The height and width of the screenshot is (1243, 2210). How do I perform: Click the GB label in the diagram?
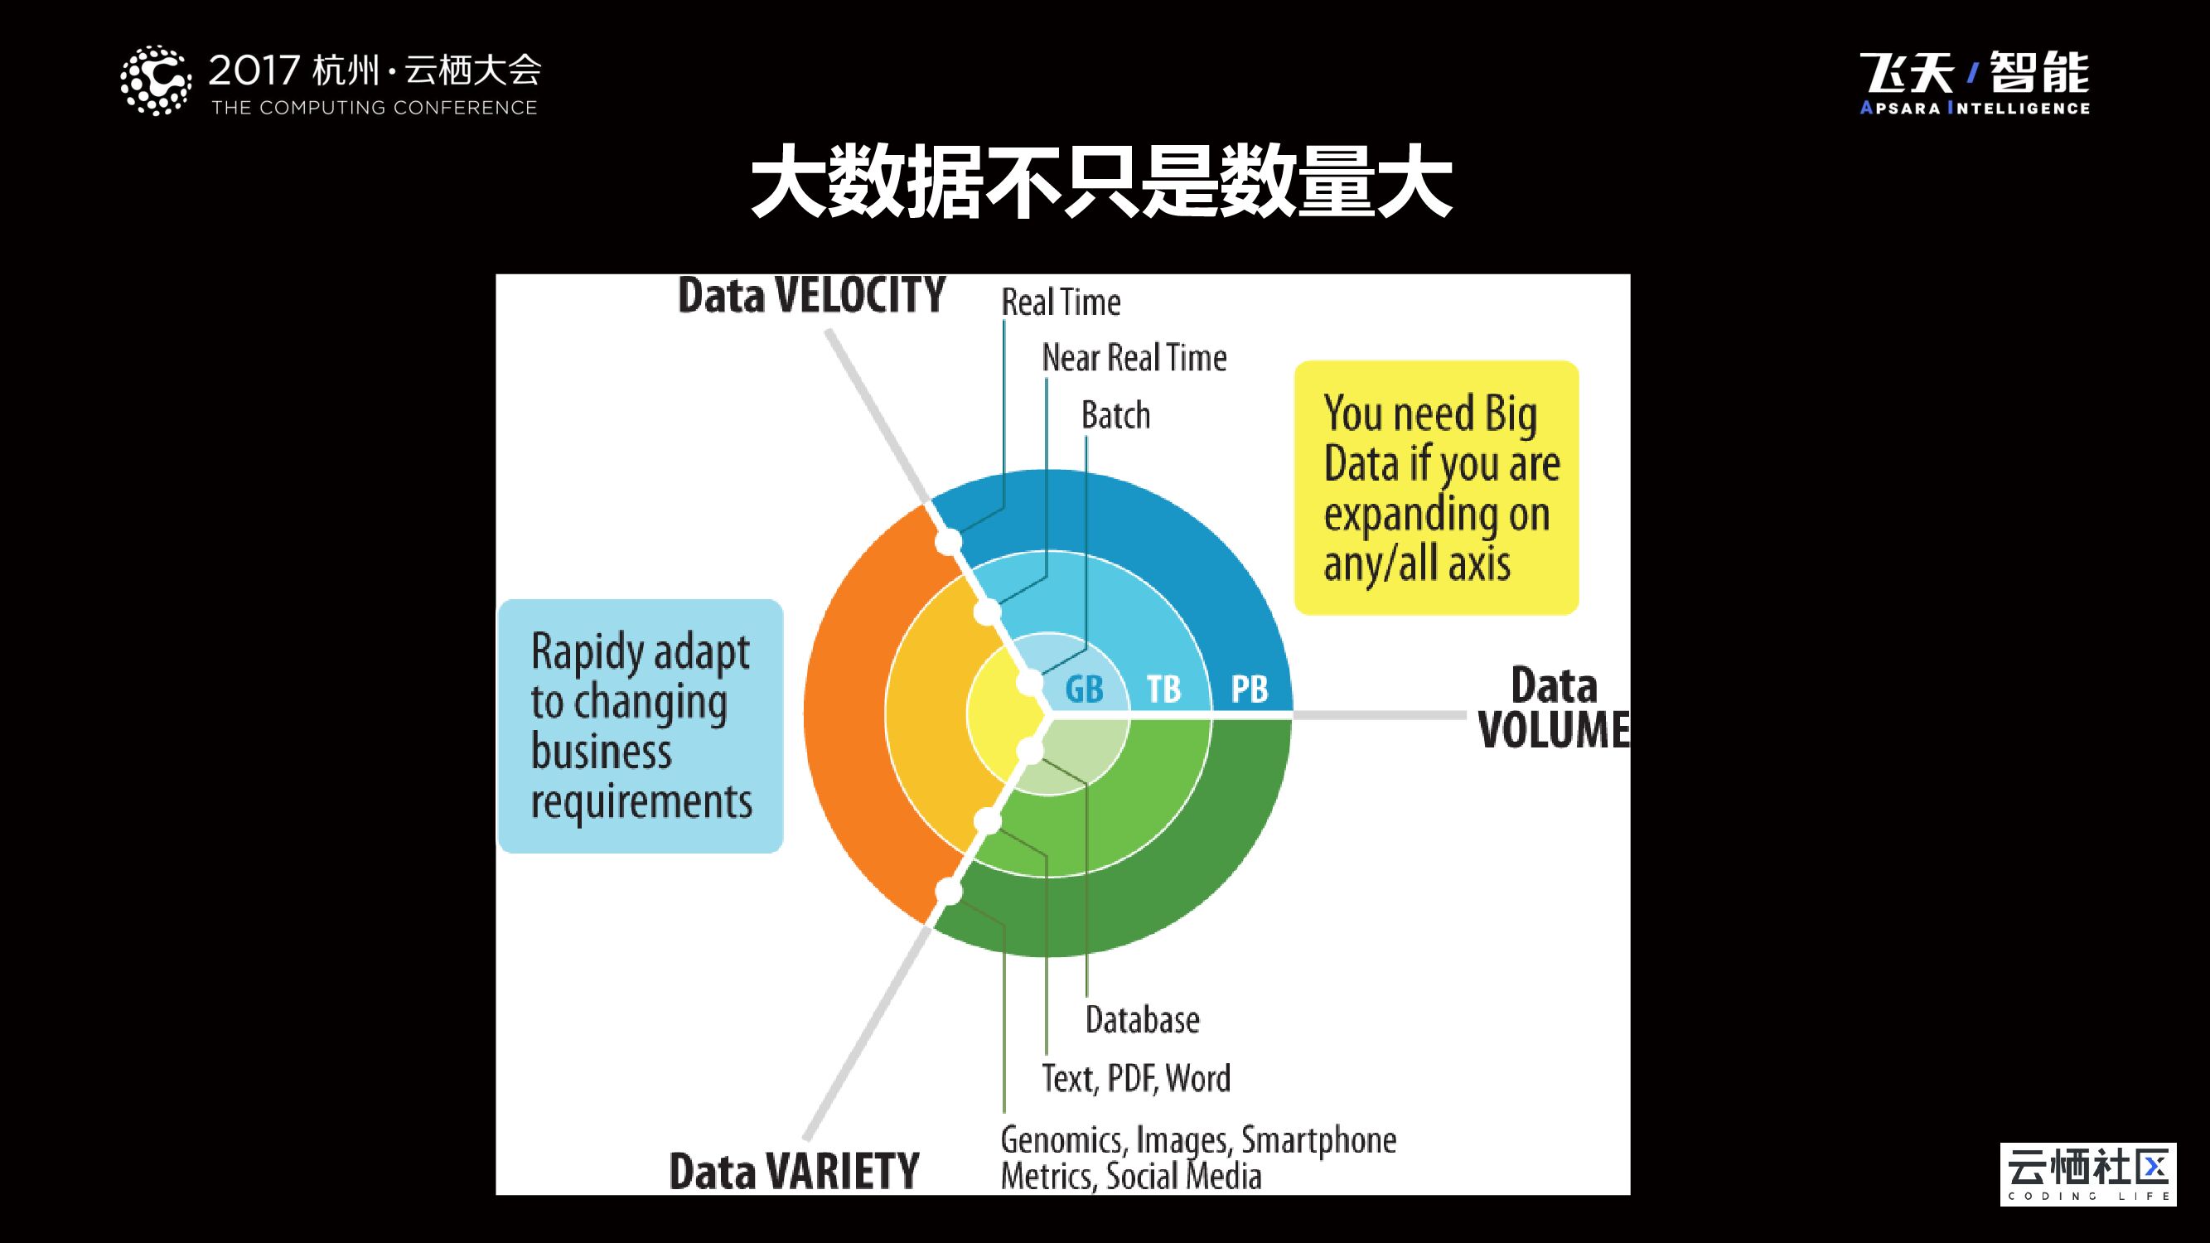click(1084, 689)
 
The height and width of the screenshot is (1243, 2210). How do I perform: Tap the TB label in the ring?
click(1163, 689)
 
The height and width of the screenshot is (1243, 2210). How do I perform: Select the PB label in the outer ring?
click(1249, 689)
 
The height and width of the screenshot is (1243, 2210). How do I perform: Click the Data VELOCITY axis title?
click(810, 296)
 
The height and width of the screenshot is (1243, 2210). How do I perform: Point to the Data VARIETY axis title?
click(794, 1172)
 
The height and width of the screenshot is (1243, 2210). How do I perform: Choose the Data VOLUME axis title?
click(1553, 708)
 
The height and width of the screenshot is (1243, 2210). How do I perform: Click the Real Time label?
click(1061, 302)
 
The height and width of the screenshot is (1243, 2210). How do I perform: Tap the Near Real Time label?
click(1134, 358)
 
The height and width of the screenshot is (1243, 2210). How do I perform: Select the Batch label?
click(1115, 416)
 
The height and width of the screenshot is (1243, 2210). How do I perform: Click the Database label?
click(1142, 1020)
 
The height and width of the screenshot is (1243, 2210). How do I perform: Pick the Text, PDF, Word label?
click(1136, 1078)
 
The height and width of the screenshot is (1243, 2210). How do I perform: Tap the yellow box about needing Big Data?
click(1436, 487)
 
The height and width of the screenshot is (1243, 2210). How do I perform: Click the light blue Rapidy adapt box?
click(640, 726)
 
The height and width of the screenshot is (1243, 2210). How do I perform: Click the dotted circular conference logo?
click(155, 80)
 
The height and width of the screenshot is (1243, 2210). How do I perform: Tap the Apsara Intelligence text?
click(1974, 108)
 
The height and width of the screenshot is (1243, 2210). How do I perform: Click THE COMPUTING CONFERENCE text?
click(374, 108)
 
